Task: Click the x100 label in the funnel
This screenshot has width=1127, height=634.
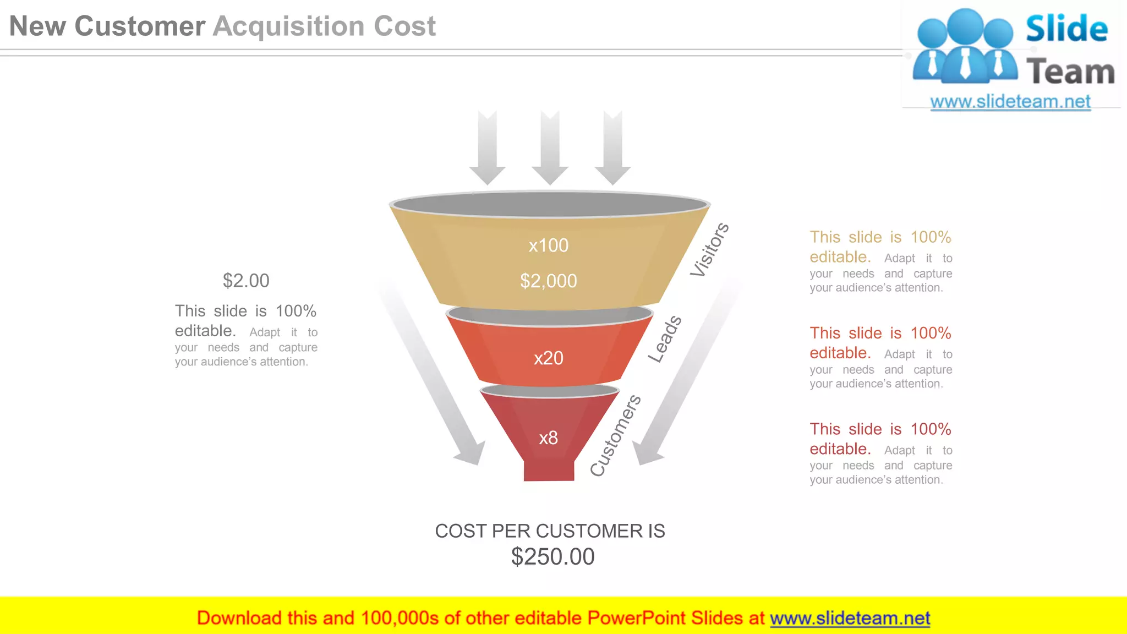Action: point(548,245)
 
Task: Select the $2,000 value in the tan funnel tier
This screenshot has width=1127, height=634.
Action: point(549,281)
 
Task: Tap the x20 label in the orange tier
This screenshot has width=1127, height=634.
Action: point(549,358)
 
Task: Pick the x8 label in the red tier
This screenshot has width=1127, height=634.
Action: point(548,438)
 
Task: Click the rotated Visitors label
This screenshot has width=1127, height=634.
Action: point(709,250)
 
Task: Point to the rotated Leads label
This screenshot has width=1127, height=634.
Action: point(665,340)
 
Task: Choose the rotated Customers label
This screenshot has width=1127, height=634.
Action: point(615,435)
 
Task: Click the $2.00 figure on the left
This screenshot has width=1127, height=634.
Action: point(246,281)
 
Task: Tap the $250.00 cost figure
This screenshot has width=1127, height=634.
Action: point(552,557)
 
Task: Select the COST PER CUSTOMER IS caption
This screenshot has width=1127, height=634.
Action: point(550,531)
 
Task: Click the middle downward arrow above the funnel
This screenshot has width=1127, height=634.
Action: point(550,147)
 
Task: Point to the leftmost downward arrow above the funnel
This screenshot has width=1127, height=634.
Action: point(488,147)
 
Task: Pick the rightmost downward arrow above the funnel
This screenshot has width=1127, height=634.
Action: point(612,147)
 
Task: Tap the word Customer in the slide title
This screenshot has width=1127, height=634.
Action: point(140,26)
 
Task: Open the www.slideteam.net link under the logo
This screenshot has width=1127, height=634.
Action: point(1010,102)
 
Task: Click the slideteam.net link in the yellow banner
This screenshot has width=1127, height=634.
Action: point(850,619)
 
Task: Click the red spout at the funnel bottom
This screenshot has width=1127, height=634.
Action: point(549,471)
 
